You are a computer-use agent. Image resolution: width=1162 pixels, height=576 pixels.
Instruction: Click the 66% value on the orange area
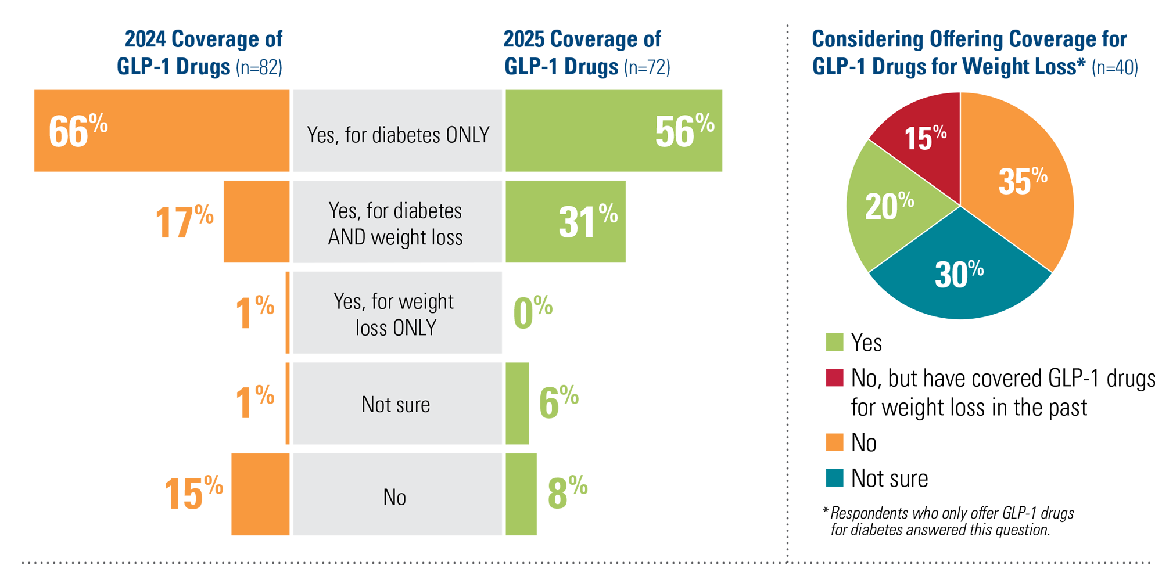click(78, 131)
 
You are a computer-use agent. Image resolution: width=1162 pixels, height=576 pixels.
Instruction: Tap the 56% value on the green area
click(684, 131)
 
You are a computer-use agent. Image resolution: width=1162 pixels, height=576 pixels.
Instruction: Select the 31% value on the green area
click(587, 221)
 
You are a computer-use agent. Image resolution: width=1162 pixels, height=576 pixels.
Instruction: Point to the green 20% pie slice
click(889, 206)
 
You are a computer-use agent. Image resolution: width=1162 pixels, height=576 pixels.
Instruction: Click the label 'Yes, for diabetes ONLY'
click(398, 135)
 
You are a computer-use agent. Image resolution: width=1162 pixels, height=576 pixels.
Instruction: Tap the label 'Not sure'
click(396, 405)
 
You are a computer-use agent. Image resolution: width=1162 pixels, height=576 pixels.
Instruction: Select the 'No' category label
click(394, 498)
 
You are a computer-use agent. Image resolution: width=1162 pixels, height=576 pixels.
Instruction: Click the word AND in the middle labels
click(346, 237)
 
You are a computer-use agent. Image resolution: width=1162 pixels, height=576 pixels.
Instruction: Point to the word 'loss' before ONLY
click(371, 328)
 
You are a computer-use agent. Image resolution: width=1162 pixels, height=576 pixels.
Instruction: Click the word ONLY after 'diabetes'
click(467, 135)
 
